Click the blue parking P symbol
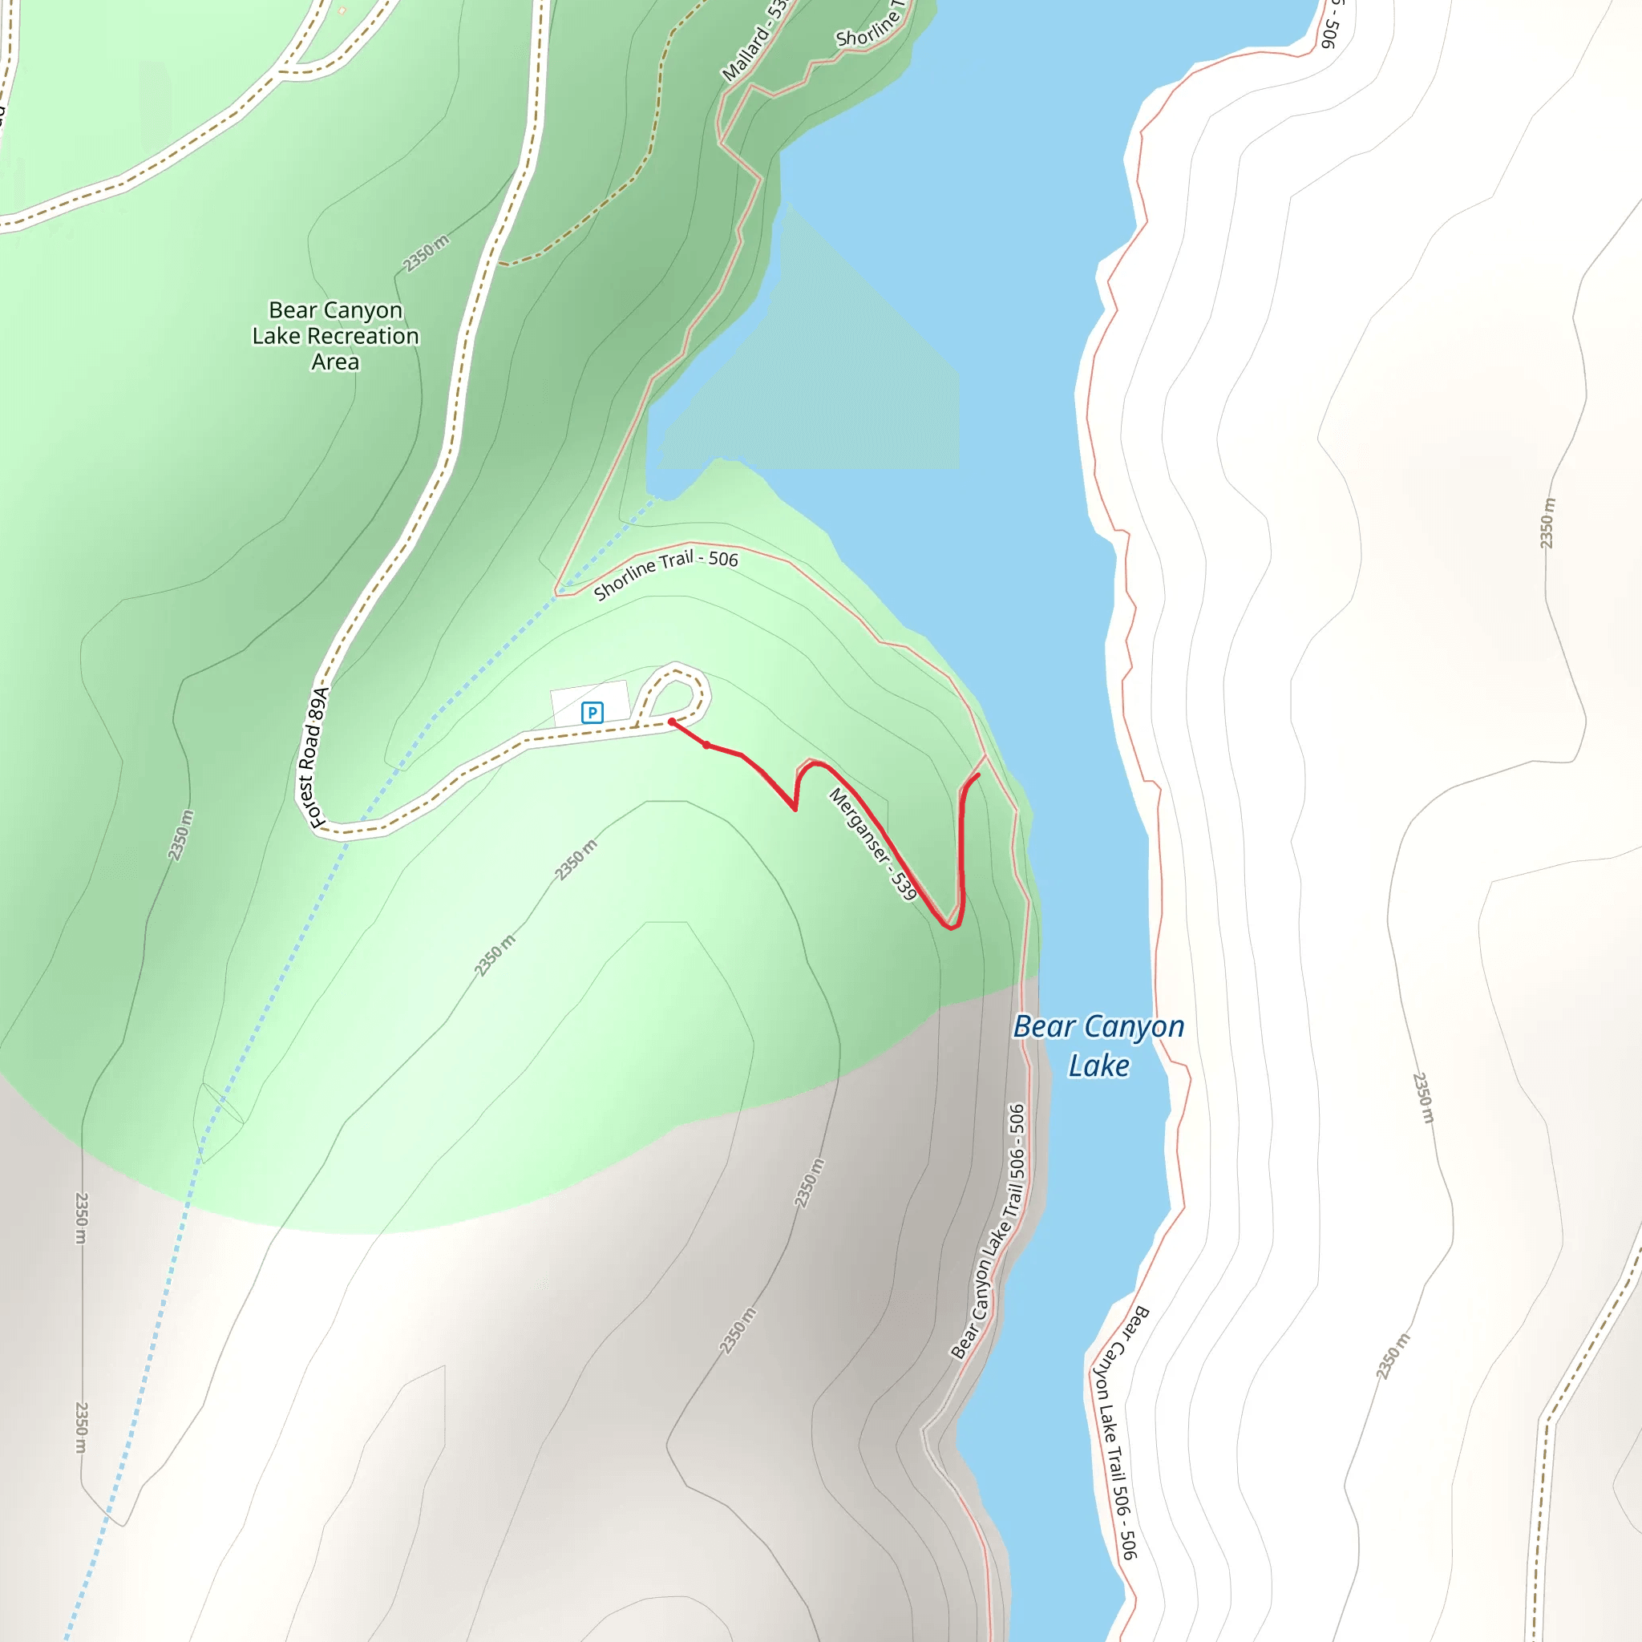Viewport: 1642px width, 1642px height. [x=592, y=712]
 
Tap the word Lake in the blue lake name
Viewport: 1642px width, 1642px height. [x=1098, y=1066]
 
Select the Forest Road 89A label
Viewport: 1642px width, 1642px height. [x=313, y=758]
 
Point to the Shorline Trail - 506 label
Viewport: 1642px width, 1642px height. [x=665, y=574]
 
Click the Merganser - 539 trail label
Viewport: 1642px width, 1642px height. [x=873, y=844]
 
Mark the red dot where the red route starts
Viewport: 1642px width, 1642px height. [x=671, y=722]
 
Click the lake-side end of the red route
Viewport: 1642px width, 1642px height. [x=978, y=775]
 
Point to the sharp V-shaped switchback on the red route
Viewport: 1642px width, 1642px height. [x=795, y=808]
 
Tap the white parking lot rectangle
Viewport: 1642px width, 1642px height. [x=590, y=702]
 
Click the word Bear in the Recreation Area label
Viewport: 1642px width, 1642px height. [x=293, y=310]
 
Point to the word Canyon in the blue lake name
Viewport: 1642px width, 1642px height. [x=1130, y=1027]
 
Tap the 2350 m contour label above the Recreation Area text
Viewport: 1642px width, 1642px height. [x=426, y=253]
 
